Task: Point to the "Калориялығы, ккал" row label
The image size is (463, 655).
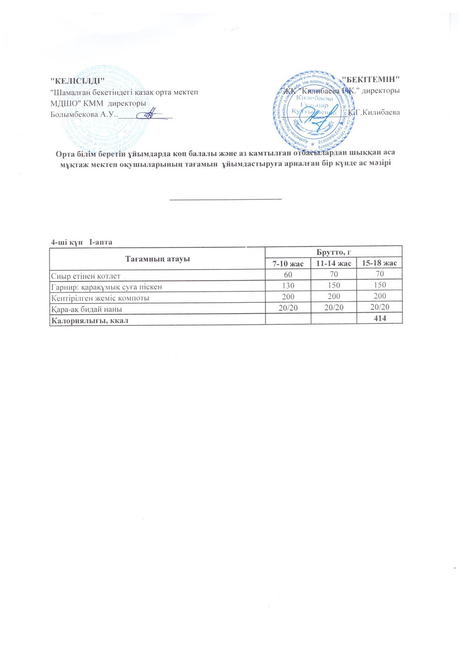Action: (89, 320)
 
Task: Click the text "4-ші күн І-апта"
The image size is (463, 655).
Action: (81, 242)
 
